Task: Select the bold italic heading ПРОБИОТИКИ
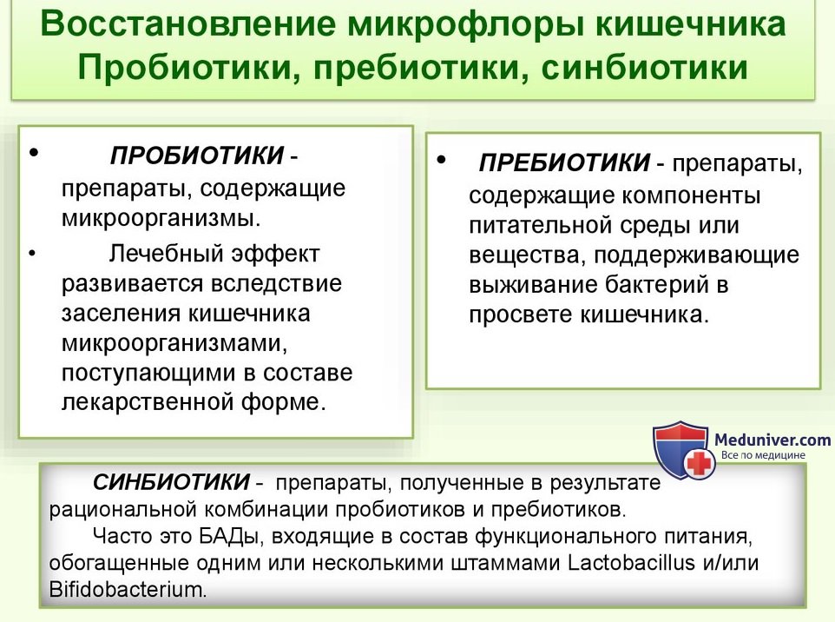click(197, 155)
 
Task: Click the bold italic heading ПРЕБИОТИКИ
click(564, 162)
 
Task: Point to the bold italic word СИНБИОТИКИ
click(171, 482)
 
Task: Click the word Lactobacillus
click(631, 563)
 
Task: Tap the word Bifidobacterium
click(128, 590)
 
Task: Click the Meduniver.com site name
click(773, 440)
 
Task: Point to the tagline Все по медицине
click(763, 455)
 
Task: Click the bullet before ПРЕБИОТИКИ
click(442, 159)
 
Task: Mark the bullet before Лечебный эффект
click(33, 253)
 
